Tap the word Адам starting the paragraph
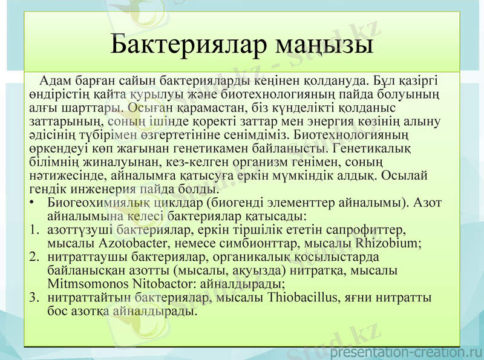coord(53,80)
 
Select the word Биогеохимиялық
coord(99,203)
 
